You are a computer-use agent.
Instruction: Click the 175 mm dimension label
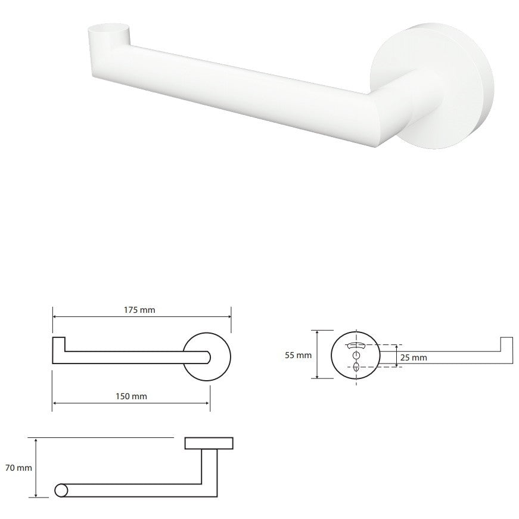(x=139, y=310)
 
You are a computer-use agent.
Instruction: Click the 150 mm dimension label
(x=131, y=396)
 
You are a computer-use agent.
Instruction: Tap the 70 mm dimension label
(x=18, y=468)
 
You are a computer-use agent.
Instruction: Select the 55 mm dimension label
(x=298, y=355)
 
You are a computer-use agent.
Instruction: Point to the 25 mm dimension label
(x=414, y=358)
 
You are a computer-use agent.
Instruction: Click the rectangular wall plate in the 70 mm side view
(x=209, y=443)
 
